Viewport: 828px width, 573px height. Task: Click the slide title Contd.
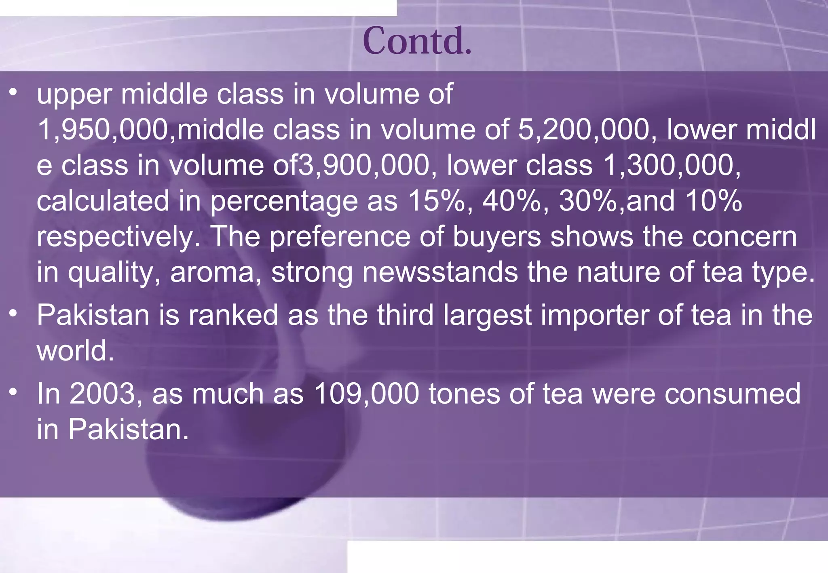[x=417, y=41]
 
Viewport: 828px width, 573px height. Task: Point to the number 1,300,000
[x=672, y=166]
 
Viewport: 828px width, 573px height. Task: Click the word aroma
[x=215, y=272]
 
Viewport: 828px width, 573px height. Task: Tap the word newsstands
[x=440, y=272]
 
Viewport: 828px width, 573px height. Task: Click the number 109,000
[x=366, y=394]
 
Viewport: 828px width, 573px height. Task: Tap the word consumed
[x=732, y=394]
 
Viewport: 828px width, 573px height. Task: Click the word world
[x=75, y=350]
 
